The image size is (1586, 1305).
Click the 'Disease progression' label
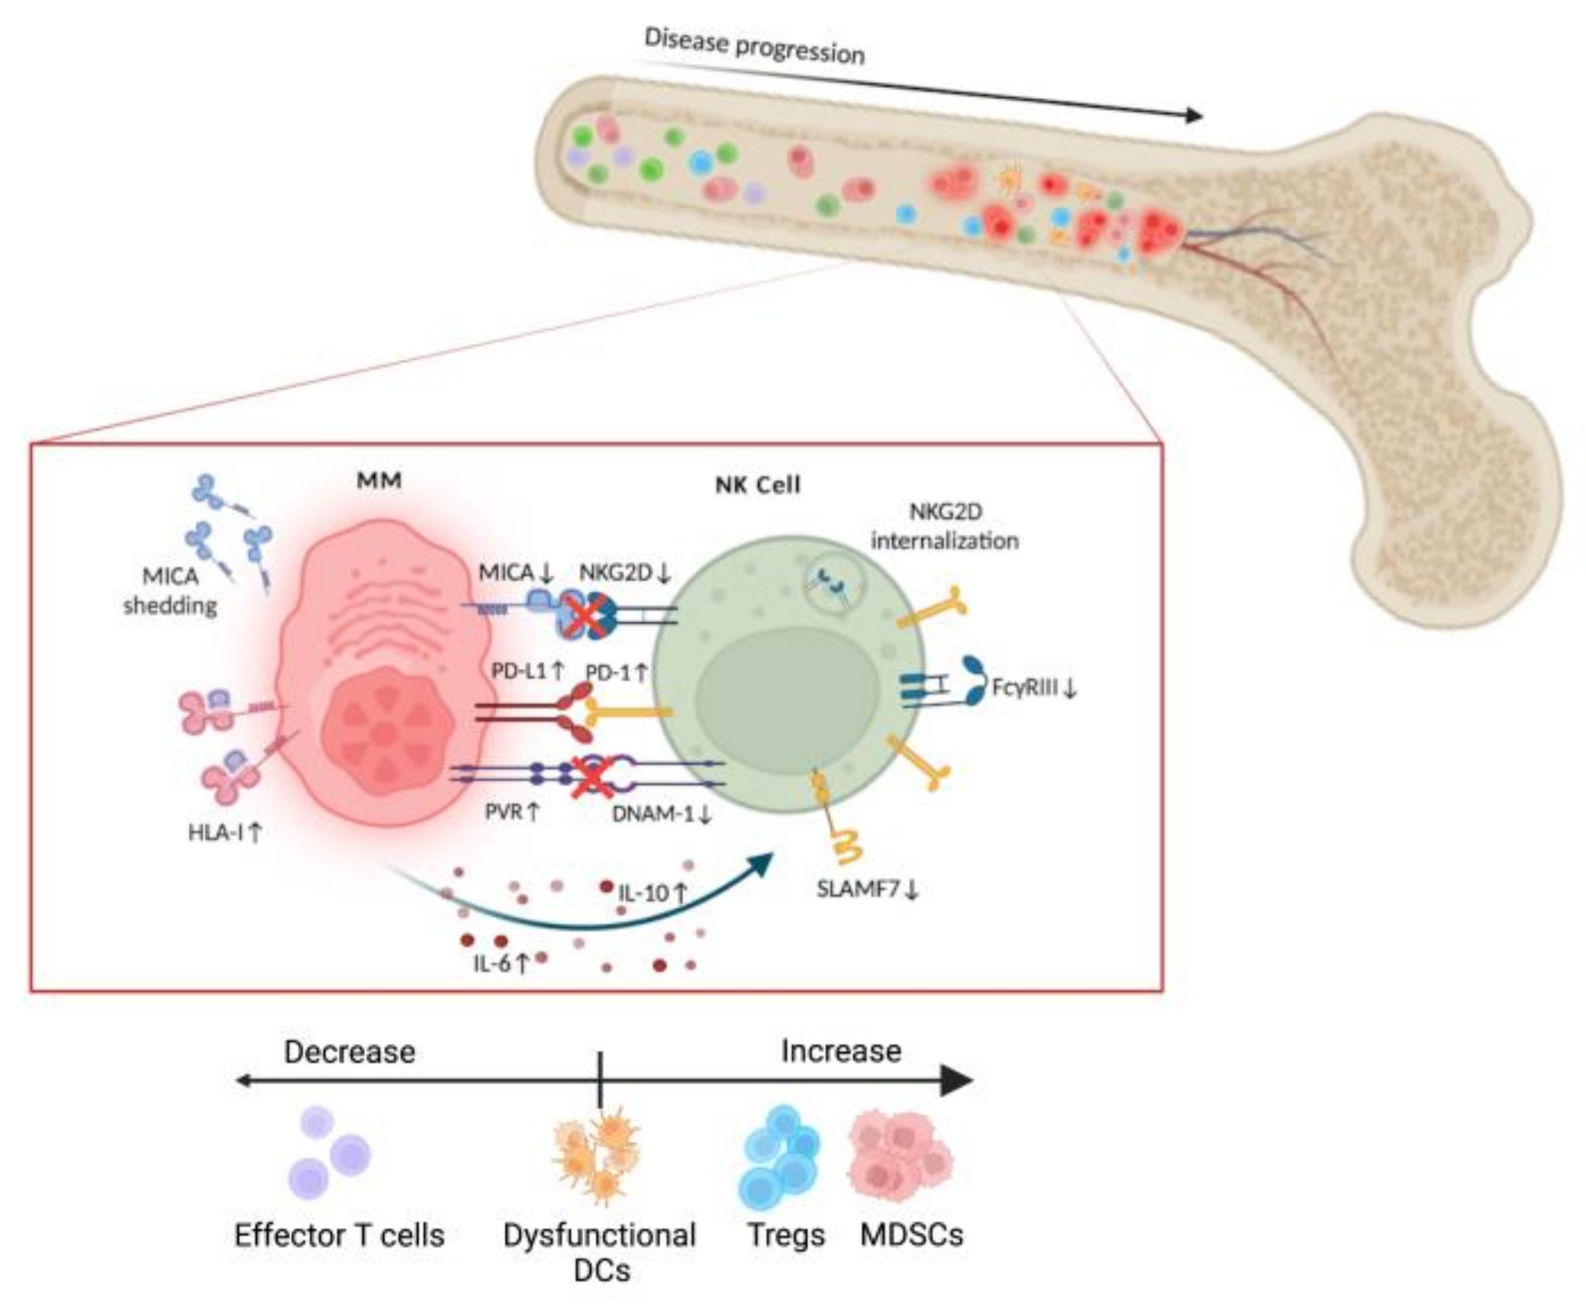pos(754,46)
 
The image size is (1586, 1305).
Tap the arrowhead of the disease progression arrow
pos(1194,115)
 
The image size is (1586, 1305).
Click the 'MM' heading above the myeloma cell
pos(379,480)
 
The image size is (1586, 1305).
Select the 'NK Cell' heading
pos(757,485)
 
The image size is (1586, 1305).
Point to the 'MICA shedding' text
pos(170,591)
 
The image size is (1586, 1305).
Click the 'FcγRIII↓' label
pos(1034,688)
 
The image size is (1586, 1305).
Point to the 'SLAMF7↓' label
pos(867,889)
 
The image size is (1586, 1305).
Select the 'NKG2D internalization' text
pos(944,526)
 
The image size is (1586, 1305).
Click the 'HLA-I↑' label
pos(225,833)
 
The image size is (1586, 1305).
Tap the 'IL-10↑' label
pos(652,893)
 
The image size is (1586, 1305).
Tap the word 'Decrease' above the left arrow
pos(349,1052)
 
